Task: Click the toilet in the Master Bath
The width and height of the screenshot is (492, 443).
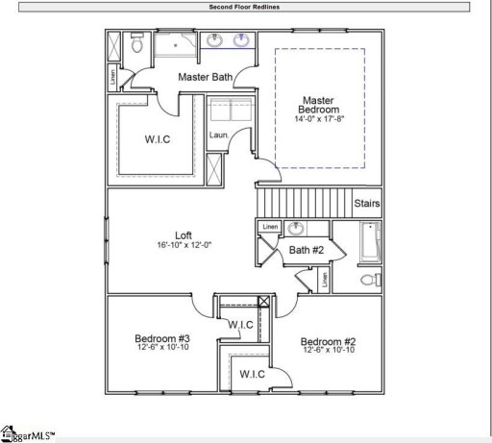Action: tap(137, 44)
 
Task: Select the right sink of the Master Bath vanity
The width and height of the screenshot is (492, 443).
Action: tap(240, 41)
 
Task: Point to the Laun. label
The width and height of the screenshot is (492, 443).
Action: tap(219, 135)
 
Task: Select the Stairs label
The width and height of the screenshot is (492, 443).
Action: tap(367, 204)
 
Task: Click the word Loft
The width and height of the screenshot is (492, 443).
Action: tap(184, 234)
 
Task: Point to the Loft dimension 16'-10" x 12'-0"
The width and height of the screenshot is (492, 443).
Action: tap(184, 246)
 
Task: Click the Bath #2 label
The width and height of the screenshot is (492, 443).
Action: tap(306, 251)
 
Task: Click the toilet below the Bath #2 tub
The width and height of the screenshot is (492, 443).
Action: tap(366, 280)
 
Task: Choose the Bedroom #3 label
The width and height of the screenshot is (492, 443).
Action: tap(160, 339)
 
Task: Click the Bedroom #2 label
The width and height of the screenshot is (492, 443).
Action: tap(329, 342)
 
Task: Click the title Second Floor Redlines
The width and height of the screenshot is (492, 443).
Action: tap(245, 7)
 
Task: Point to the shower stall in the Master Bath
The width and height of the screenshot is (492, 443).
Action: tap(175, 44)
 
